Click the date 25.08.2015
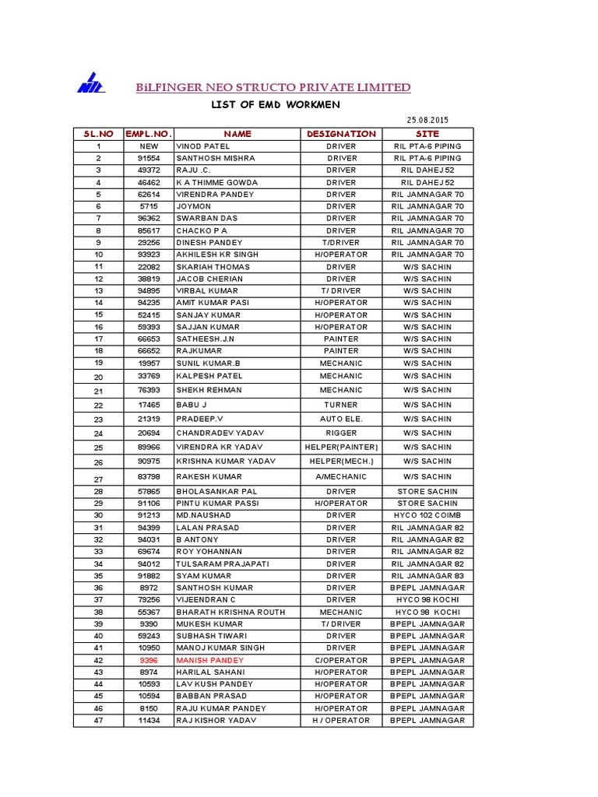click(x=428, y=120)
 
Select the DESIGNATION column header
click(x=341, y=134)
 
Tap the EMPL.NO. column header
click(x=149, y=134)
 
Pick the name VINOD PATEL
click(x=198, y=146)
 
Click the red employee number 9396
click(x=149, y=660)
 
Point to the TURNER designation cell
click(x=341, y=405)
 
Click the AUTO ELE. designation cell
click(x=341, y=419)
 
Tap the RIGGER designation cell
click(x=341, y=433)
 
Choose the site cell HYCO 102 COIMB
click(x=427, y=515)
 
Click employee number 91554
click(x=149, y=158)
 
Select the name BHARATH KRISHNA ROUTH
click(x=231, y=612)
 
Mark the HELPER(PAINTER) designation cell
click(x=341, y=448)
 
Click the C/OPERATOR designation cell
click(x=341, y=660)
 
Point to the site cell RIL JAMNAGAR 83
click(x=427, y=576)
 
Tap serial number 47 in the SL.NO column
click(x=99, y=721)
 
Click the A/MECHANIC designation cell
click(x=341, y=476)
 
